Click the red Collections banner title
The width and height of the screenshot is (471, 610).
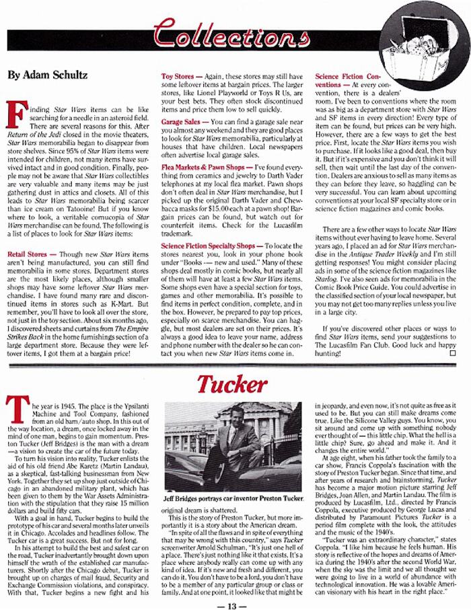tap(222, 32)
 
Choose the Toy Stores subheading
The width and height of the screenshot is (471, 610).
tap(180, 77)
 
